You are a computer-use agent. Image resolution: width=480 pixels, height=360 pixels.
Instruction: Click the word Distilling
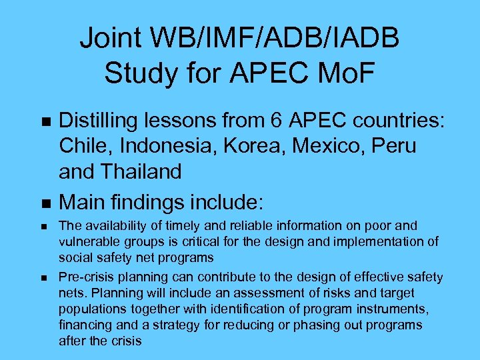click(x=102, y=121)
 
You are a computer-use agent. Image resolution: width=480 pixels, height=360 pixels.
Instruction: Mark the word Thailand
click(x=142, y=171)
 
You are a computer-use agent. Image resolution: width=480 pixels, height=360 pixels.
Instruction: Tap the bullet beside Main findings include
click(x=45, y=201)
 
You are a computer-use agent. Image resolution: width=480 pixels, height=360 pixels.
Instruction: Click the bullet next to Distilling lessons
click(x=45, y=122)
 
